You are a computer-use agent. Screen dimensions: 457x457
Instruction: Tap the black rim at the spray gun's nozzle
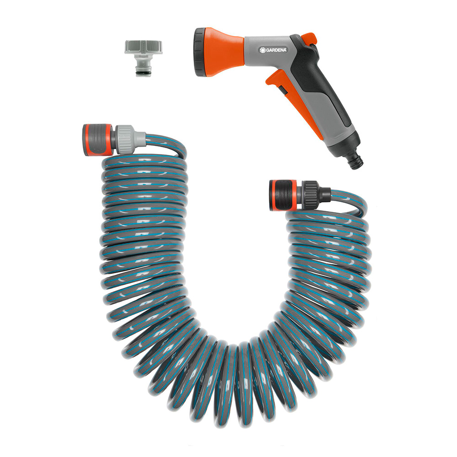click(201, 52)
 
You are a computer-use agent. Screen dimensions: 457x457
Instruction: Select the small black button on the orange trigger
click(282, 89)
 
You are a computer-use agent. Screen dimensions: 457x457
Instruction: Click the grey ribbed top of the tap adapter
click(139, 47)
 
